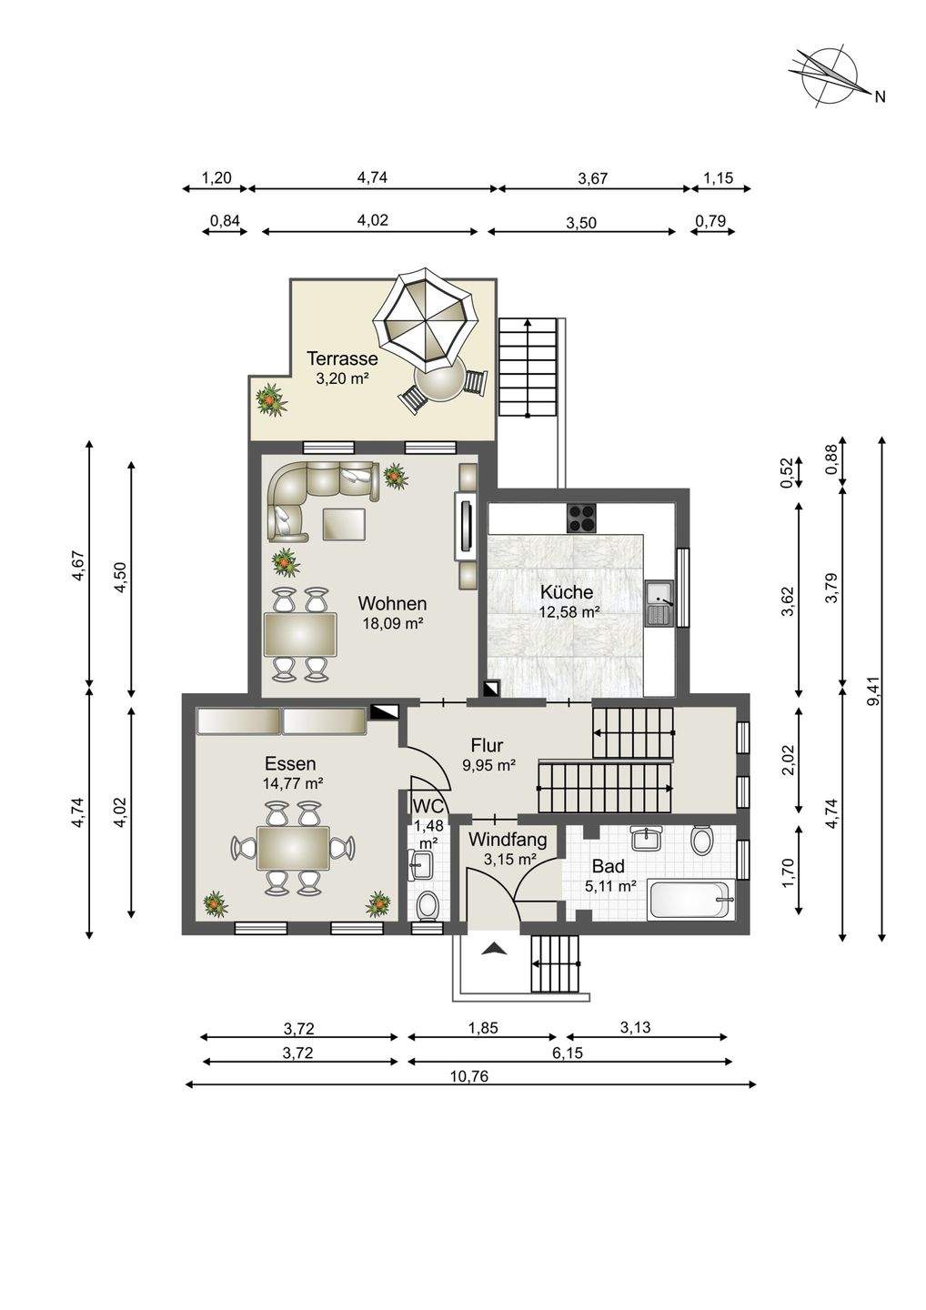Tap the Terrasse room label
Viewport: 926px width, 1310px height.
pos(343,358)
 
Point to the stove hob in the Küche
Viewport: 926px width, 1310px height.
pos(581,518)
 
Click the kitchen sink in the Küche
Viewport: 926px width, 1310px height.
pos(660,602)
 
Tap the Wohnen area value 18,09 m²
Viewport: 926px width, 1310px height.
pos(393,623)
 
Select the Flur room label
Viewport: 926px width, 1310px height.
pos(487,745)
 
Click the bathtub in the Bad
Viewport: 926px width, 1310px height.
pos(691,901)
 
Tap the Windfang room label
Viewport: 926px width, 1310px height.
pos(508,841)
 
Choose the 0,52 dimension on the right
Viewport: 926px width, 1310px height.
pos(790,471)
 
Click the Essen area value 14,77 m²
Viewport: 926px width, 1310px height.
pos(294,783)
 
